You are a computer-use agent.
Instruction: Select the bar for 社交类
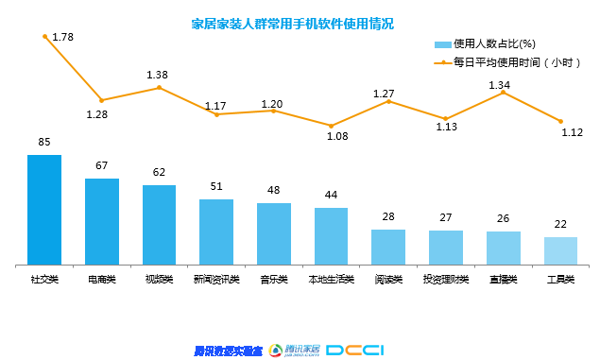coord(44,209)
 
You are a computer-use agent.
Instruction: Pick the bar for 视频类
coord(159,224)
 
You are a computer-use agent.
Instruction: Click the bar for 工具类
coord(560,250)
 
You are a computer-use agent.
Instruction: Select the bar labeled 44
coord(331,235)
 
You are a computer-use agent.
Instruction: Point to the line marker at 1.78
coord(44,36)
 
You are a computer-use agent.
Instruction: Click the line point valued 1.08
coord(331,125)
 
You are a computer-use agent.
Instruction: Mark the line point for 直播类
coord(504,92)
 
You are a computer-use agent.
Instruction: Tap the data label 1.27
coord(383,94)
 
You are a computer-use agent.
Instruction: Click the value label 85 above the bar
coord(44,143)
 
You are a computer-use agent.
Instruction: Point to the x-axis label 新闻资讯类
coord(216,280)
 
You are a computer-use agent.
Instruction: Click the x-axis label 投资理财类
coord(445,280)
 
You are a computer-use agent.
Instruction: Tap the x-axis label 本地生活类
coord(331,280)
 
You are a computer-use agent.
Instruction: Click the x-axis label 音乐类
coord(273,280)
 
